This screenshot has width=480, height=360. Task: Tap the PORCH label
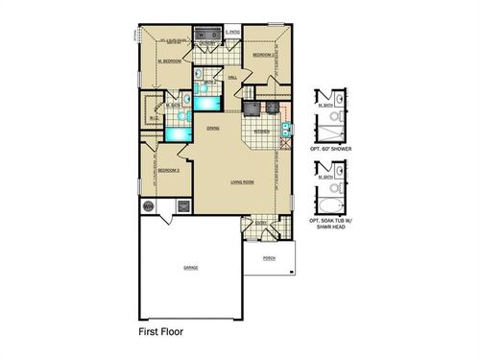[x=269, y=257]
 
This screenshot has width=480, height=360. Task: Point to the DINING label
[x=213, y=127]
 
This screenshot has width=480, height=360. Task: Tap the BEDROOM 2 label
[x=265, y=56]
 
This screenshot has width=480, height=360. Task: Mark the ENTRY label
[x=260, y=224]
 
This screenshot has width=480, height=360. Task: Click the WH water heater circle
[x=149, y=205]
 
